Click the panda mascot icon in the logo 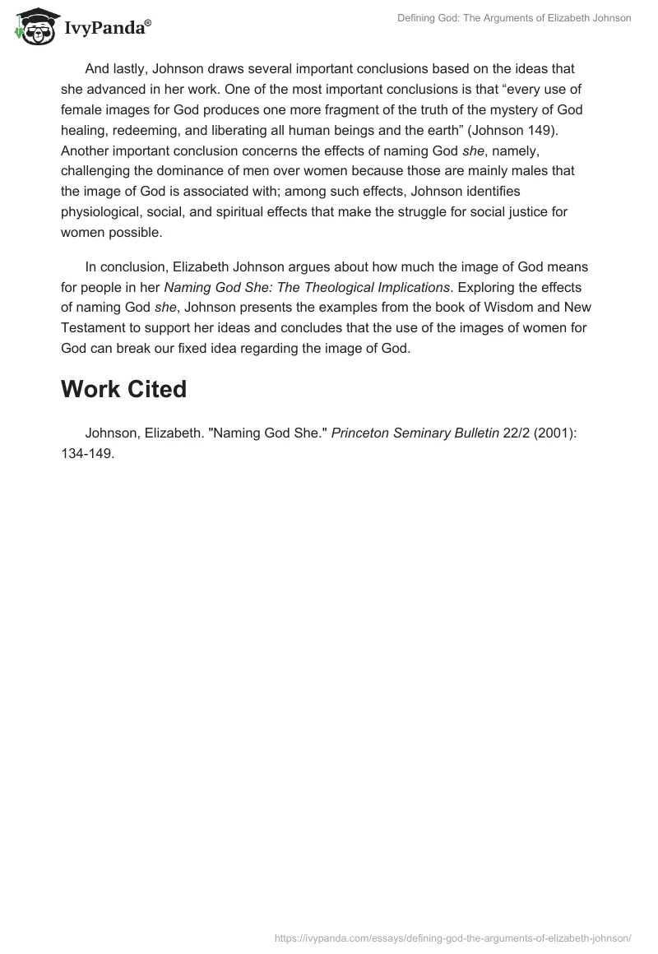coord(34,25)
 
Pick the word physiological coord(102,212)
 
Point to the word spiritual coord(256,212)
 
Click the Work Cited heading coord(124,389)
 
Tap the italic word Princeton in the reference coord(361,433)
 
